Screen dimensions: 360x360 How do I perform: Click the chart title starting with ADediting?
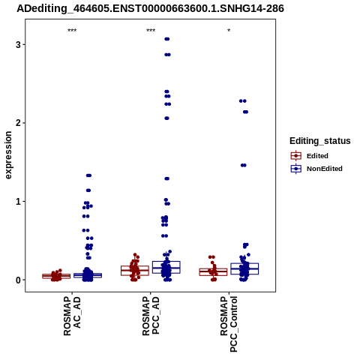150,9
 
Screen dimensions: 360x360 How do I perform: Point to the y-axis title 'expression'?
8,155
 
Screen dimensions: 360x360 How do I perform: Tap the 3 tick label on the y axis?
18,45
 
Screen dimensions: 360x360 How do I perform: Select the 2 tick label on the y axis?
18,123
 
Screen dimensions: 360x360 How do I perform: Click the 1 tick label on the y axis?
18,202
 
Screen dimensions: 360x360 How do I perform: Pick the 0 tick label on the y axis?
18,280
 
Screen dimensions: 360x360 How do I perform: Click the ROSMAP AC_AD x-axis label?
72,316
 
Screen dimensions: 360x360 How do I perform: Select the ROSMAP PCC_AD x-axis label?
151,316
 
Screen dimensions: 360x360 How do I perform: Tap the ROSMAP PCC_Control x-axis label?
229,324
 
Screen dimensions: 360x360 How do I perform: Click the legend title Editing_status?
320,141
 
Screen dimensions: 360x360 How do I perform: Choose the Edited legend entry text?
317,156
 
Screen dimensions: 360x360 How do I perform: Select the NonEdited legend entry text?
325,169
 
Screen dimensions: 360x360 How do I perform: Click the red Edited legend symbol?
296,156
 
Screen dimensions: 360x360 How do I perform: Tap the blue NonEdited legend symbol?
296,169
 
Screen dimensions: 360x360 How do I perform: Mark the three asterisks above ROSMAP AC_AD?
72,31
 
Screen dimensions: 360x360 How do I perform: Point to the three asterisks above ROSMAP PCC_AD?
151,31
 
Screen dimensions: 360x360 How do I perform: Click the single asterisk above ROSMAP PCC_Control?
229,31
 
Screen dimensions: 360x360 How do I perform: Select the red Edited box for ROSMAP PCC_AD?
135,271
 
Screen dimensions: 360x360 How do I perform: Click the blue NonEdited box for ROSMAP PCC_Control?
244,268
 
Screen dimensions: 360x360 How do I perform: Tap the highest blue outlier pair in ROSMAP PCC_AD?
167,39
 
